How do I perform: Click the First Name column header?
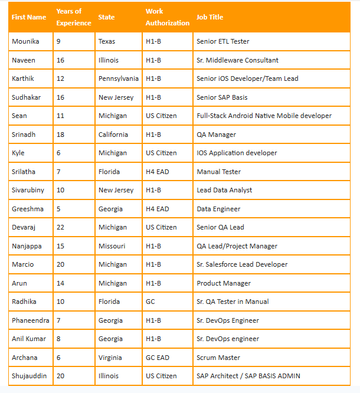pos(29,17)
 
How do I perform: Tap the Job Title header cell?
pos(210,17)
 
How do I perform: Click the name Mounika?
pos(25,41)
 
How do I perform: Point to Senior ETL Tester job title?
pos(223,41)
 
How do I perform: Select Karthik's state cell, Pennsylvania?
pos(119,78)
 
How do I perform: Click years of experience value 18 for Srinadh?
pos(61,135)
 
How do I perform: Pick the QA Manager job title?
pos(217,135)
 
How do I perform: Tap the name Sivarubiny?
pos(28,190)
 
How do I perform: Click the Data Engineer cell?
pos(218,209)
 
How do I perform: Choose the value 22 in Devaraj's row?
pos(61,227)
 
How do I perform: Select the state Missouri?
pos(112,246)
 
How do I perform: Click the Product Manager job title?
pos(224,283)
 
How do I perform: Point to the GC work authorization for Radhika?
pos(150,302)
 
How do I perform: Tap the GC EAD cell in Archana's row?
pos(158,358)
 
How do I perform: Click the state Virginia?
pos(110,358)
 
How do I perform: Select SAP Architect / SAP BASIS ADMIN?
pos(248,376)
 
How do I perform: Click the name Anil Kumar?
pos(29,339)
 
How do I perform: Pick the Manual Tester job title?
pos(219,172)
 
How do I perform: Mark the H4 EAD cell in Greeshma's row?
pos(158,209)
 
